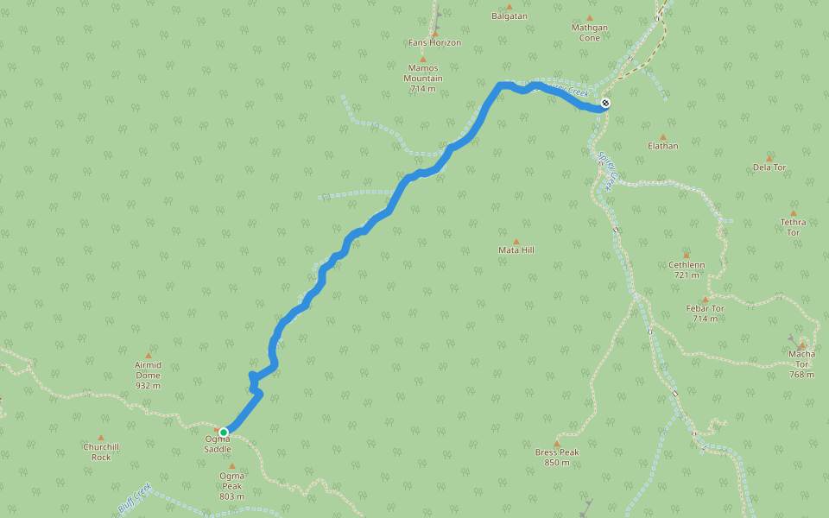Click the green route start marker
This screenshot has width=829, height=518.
point(224,432)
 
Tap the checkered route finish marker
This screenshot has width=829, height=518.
point(605,104)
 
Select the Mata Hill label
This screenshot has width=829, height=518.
point(516,250)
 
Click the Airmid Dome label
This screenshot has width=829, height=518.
point(148,375)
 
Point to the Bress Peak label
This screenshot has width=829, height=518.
point(557,457)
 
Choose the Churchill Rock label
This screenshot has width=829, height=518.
point(101,452)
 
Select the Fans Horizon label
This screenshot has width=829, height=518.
point(435,42)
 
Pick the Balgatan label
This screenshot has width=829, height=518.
point(509,16)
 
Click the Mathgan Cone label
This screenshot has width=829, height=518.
point(590,32)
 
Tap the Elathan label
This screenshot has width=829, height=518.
point(663,146)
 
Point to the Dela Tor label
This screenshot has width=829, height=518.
point(769,167)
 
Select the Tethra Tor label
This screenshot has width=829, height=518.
point(793,227)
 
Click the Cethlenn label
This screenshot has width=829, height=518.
point(687,269)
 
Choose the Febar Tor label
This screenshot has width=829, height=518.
point(705,313)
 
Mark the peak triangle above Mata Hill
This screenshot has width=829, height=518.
point(516,242)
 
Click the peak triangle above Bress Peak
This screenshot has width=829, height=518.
point(557,444)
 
